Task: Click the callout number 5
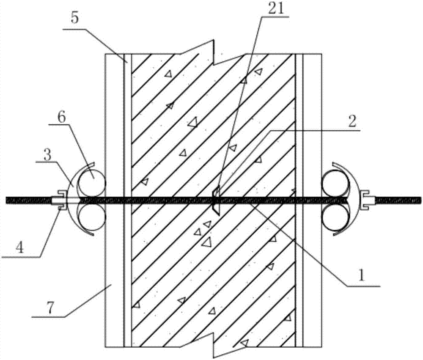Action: [x=74, y=19]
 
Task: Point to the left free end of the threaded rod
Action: [x=6, y=200]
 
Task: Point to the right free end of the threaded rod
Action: [x=420, y=200]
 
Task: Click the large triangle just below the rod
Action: [x=207, y=242]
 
